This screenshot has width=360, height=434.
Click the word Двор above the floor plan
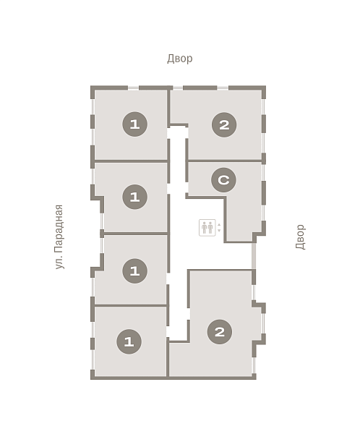pyautogui.click(x=179, y=59)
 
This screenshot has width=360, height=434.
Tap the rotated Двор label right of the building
pyautogui.click(x=301, y=237)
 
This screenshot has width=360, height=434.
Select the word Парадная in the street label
pyautogui.click(x=59, y=229)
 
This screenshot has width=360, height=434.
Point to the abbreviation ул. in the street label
pyautogui.click(x=59, y=262)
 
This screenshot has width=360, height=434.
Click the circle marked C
pyautogui.click(x=223, y=180)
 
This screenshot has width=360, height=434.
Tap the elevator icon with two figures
pyautogui.click(x=207, y=228)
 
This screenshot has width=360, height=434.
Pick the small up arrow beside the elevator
pyautogui.click(x=219, y=224)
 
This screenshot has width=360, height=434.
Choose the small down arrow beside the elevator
pyautogui.click(x=219, y=230)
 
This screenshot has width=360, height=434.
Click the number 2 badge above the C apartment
pyautogui.click(x=224, y=125)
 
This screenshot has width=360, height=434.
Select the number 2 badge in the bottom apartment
pyautogui.click(x=220, y=332)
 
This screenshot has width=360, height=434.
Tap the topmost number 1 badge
pyautogui.click(x=134, y=124)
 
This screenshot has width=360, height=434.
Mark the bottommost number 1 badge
pyautogui.click(x=129, y=341)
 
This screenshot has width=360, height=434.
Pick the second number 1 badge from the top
pyautogui.click(x=134, y=197)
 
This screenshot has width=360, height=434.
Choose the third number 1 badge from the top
pyautogui.click(x=134, y=271)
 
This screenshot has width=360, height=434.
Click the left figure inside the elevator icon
pyautogui.click(x=204, y=228)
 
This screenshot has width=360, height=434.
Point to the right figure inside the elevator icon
pyautogui.click(x=210, y=228)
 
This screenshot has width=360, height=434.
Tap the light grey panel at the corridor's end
pyautogui.click(x=254, y=255)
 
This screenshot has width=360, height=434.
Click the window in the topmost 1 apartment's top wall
pyautogui.click(x=133, y=88)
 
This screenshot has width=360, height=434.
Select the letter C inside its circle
pyautogui.click(x=223, y=180)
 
